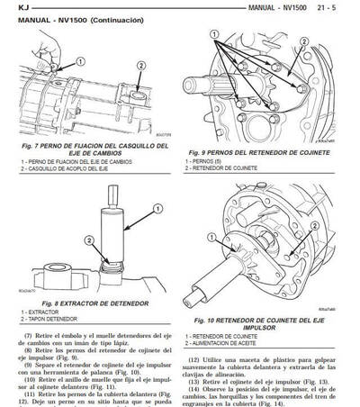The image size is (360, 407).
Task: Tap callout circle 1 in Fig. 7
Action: tap(80, 61)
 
